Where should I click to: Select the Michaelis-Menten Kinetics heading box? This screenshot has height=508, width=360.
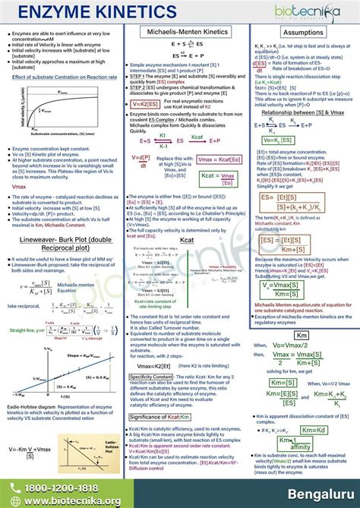pos(180,33)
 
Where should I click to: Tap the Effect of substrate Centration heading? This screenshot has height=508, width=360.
pos(64,77)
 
